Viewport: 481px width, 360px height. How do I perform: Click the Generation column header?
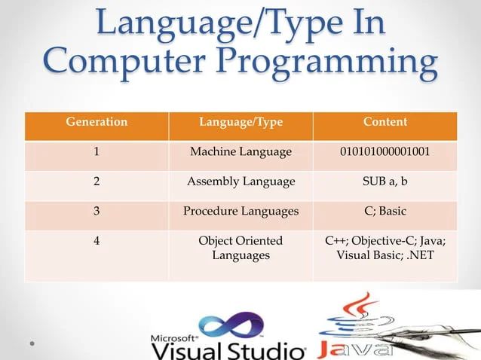point(96,121)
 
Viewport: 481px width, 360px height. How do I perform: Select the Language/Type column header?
point(240,121)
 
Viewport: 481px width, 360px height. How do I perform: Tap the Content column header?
point(384,121)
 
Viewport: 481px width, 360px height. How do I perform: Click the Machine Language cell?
point(240,152)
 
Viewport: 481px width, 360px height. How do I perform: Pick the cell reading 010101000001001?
point(384,152)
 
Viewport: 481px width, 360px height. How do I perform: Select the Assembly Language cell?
point(240,182)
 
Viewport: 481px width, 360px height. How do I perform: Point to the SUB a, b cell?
point(384,182)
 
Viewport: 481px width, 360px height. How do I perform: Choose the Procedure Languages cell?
point(240,211)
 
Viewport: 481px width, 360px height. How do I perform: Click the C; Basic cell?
point(384,211)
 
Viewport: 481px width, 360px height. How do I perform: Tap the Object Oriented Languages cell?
point(240,249)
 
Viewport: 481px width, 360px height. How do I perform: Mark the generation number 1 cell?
point(96,152)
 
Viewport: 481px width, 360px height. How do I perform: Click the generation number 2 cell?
point(96,182)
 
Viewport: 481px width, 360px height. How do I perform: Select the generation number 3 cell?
point(96,211)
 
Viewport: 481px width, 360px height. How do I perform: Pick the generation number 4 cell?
point(96,241)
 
